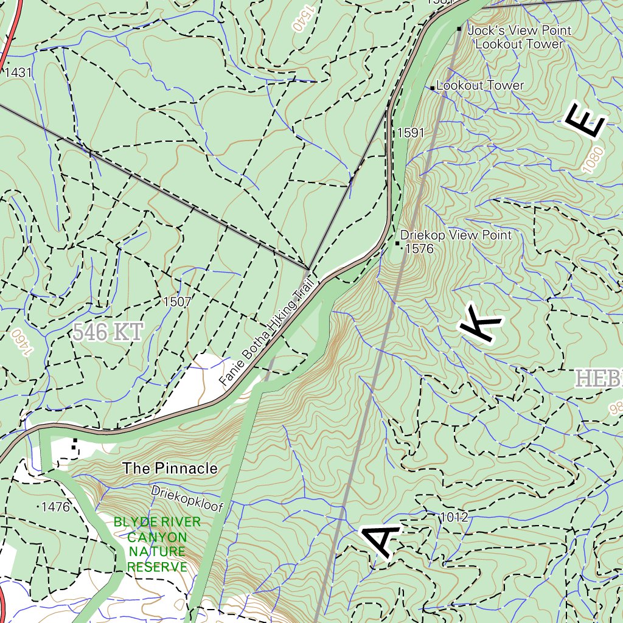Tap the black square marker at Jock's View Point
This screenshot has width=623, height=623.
(459, 29)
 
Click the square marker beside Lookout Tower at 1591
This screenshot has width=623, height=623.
(433, 88)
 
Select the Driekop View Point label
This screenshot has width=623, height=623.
(456, 235)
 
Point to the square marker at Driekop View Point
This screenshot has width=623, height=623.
(398, 243)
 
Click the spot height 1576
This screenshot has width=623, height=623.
(419, 248)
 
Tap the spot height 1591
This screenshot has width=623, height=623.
(410, 133)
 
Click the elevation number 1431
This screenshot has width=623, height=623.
(18, 73)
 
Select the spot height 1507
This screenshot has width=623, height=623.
(177, 301)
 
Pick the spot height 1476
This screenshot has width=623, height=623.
(55, 506)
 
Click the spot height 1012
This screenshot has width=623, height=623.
(454, 518)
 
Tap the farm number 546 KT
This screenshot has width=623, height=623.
(108, 333)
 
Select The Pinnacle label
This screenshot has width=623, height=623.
(170, 468)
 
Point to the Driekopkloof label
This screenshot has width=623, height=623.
(187, 499)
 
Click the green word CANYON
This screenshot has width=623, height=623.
(157, 537)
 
